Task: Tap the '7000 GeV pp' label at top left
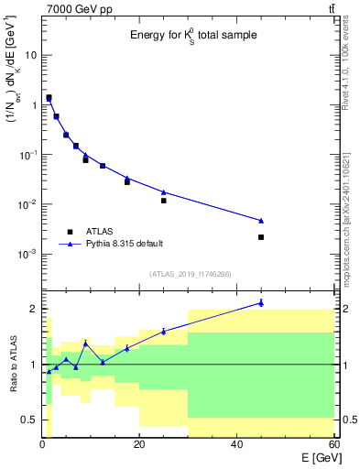pyautogui.click(x=74, y=8)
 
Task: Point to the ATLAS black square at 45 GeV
pyautogui.click(x=261, y=237)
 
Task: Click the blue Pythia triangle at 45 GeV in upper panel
pyautogui.click(x=261, y=221)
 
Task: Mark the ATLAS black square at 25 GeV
pyautogui.click(x=164, y=201)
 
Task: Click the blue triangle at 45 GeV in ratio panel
pyautogui.click(x=261, y=302)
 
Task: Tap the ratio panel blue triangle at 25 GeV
pyautogui.click(x=164, y=331)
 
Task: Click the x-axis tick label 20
pyautogui.click(x=139, y=444)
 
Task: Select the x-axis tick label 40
pyautogui.click(x=236, y=444)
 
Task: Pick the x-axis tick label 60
pyautogui.click(x=333, y=444)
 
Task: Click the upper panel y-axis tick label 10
pyautogui.click(x=30, y=55)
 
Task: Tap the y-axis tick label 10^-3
pyautogui.click(x=27, y=254)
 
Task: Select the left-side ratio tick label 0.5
pyautogui.click(x=28, y=420)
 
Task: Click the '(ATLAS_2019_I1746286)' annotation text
pyautogui.click(x=191, y=273)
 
